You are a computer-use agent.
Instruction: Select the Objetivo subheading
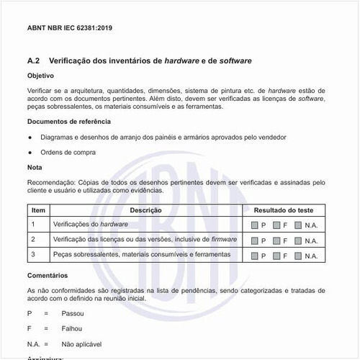click(42, 76)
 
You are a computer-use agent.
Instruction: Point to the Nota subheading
click(35, 168)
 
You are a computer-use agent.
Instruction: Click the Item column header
click(39, 210)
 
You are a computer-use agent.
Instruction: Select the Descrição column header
click(145, 210)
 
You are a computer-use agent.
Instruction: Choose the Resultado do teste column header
click(284, 210)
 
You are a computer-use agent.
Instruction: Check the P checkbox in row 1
click(255, 225)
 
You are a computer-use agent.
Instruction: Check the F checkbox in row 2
click(276, 240)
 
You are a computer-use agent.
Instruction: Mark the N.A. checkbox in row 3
click(298, 256)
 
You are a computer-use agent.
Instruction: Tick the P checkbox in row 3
click(255, 256)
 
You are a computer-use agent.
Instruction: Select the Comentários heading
click(48, 276)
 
